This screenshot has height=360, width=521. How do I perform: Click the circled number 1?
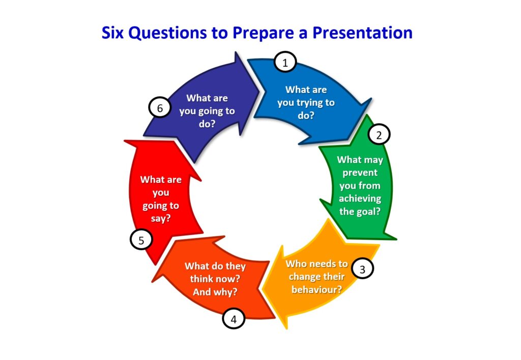tap(285, 62)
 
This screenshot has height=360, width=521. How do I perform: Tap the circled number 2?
tap(379, 135)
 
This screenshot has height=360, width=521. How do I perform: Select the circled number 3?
tap(362, 269)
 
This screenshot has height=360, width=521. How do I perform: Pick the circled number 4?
tap(234, 319)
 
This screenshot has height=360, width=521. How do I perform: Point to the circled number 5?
tap(141, 240)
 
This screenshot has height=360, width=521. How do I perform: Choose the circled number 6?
tap(160, 108)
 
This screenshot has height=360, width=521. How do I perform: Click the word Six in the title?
tap(112, 33)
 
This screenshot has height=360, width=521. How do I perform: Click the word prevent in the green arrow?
tap(360, 173)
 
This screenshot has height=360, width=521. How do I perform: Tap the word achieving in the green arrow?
tap(360, 199)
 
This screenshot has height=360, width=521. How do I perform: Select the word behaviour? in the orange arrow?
tap(316, 289)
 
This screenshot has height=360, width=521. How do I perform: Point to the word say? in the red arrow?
tap(161, 219)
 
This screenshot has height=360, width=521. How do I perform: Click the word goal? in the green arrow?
tap(368, 212)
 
